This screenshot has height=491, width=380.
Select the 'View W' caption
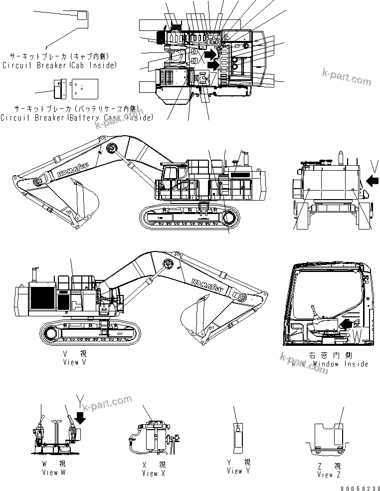coord(54,468)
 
